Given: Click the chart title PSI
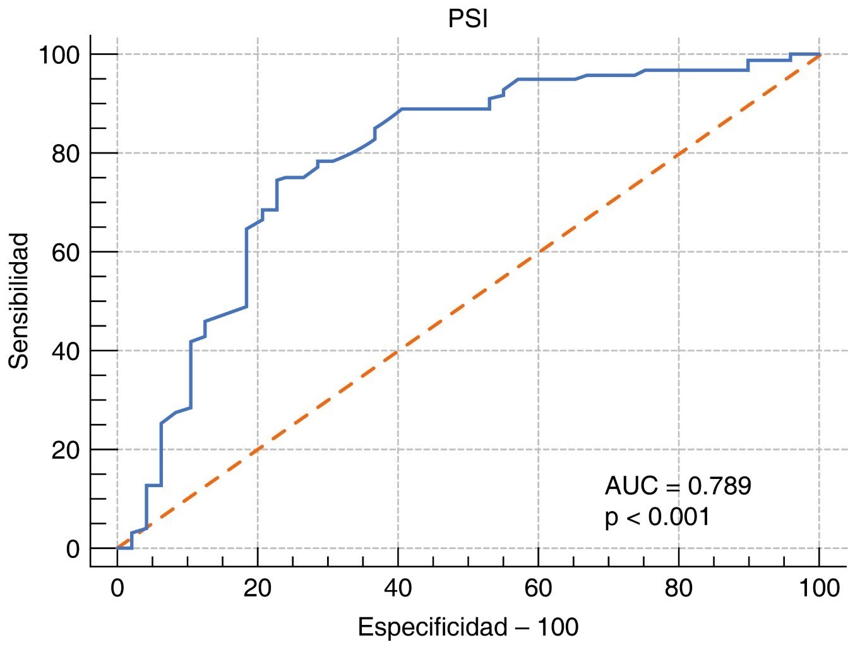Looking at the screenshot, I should pyautogui.click(x=468, y=19).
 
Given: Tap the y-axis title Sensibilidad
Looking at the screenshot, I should pyautogui.click(x=20, y=301).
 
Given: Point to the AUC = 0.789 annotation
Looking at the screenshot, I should pyautogui.click(x=678, y=486).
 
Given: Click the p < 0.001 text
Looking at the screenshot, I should pyautogui.click(x=657, y=517).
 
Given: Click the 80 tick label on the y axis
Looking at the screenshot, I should pyautogui.click(x=66, y=154).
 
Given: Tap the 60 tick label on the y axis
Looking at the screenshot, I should pyautogui.click(x=66, y=252).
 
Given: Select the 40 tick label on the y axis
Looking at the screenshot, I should pyautogui.click(x=66, y=351).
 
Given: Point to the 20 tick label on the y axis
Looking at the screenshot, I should pyautogui.click(x=66, y=450).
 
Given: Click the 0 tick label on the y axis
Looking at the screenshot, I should pyautogui.click(x=73, y=548).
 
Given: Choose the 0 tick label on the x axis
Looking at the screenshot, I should pyautogui.click(x=117, y=588).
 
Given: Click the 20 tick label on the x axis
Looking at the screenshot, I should pyautogui.click(x=258, y=588).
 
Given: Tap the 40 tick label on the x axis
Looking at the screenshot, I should pyautogui.click(x=398, y=588).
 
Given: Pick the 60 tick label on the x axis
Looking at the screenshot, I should pyautogui.click(x=539, y=588).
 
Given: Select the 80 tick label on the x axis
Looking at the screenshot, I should pyautogui.click(x=679, y=588).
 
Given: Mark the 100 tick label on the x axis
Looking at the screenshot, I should pyautogui.click(x=819, y=588).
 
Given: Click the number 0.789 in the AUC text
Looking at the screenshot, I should pyautogui.click(x=719, y=486).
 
